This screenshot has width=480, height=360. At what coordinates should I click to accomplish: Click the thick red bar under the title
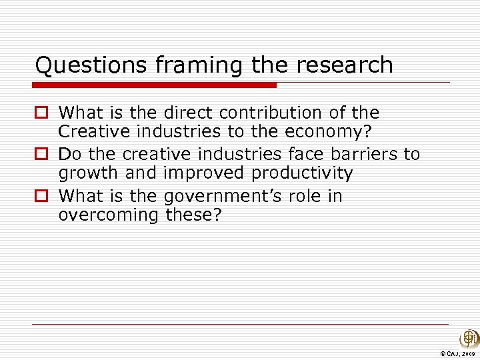[x=155, y=85]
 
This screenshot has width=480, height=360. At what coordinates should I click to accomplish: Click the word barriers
[x=367, y=154]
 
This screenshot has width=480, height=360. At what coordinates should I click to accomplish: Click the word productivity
[x=302, y=175]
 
